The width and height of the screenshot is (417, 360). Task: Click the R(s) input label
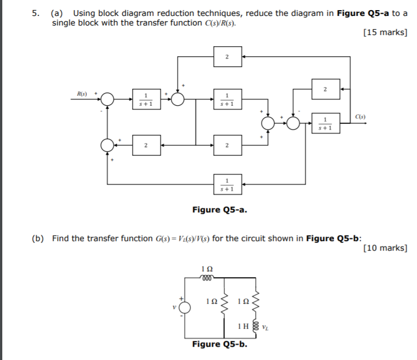coord(82,93)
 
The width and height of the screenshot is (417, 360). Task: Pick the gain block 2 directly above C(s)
coord(325,89)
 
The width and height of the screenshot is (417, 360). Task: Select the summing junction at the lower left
coord(107,144)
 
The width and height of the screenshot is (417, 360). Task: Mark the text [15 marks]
coord(386,33)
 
